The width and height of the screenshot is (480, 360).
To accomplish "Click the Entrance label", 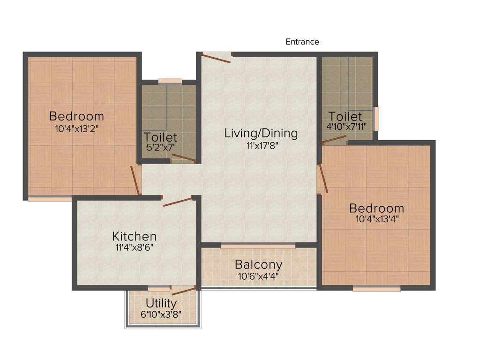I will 302,42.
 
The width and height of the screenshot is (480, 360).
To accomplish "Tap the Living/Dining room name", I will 261,133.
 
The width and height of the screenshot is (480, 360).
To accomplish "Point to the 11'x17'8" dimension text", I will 261,145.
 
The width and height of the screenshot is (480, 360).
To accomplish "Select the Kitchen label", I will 134,236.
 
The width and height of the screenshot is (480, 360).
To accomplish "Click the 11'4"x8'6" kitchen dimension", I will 134,247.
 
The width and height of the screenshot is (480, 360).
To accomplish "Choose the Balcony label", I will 258,264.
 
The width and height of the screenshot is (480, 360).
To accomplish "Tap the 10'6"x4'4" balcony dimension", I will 258,276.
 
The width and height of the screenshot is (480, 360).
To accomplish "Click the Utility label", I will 161,303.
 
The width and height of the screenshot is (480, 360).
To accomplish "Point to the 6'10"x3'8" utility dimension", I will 161,314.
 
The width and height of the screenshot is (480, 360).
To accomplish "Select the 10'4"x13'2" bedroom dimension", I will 76,127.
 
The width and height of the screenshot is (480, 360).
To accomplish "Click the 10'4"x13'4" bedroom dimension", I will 376,218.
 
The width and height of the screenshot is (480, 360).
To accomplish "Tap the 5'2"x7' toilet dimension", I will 160,148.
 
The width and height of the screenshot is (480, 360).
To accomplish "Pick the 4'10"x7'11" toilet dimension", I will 346,126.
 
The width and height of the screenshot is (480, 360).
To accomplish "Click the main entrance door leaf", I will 217,58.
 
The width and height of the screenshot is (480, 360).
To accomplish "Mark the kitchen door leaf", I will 178,202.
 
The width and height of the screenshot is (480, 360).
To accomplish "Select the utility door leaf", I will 184,291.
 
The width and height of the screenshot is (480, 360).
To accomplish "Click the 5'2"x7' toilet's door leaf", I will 184,158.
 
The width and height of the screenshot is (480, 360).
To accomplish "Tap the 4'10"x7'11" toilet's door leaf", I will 334,139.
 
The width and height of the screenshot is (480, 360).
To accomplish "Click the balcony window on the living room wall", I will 258,245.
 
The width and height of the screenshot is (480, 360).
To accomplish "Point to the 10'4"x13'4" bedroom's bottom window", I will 376,289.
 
